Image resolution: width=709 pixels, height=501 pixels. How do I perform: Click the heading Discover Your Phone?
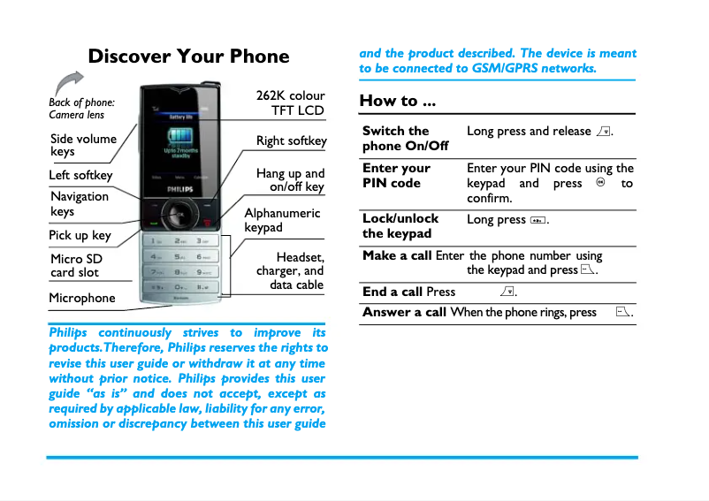coord(188,57)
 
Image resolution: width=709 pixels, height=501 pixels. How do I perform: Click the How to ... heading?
coord(397,101)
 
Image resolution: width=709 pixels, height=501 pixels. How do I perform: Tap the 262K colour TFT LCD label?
coord(291,102)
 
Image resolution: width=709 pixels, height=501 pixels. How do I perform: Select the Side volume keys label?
coord(83,145)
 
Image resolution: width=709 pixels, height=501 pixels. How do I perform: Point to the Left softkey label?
coord(80,175)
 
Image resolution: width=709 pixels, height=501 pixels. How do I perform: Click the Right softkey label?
coord(291,141)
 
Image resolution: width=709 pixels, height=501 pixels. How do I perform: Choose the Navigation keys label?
coord(80,203)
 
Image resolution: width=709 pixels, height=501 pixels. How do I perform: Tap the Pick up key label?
coord(80,235)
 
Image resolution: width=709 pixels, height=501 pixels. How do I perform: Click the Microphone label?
coord(82,299)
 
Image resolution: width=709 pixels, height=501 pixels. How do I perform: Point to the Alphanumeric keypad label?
coord(282,220)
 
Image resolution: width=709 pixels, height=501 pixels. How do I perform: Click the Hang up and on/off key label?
coord(290,180)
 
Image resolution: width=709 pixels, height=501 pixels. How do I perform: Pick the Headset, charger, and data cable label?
coord(291,271)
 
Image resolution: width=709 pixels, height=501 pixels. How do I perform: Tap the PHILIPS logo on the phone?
coord(179,190)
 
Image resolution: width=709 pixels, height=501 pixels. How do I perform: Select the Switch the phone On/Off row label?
coord(405,138)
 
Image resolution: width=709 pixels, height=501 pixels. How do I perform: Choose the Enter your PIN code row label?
coord(396,175)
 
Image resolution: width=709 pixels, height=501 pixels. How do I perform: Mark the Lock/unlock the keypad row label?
coord(400,225)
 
